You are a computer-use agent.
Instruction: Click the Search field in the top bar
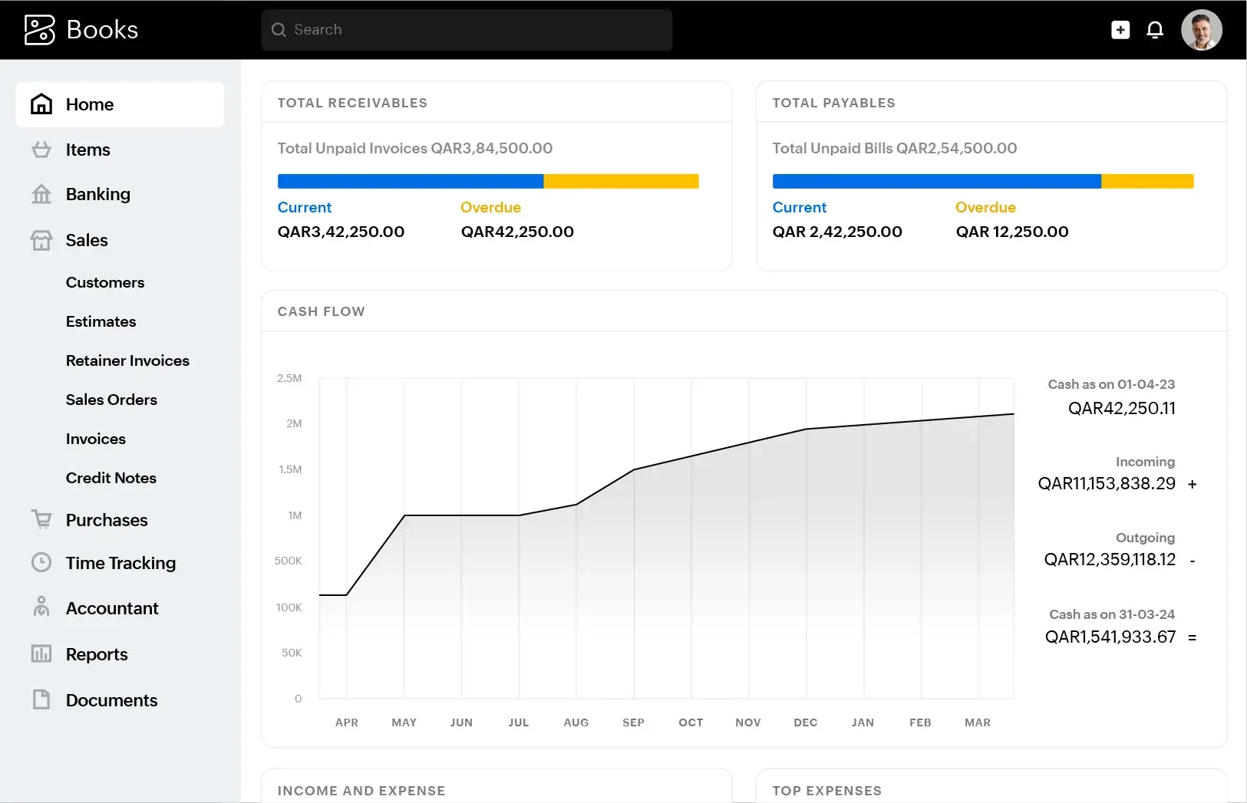(466, 30)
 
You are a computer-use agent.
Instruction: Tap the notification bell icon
(1154, 30)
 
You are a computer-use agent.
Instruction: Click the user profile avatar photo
(1201, 30)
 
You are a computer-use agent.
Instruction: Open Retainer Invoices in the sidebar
(127, 360)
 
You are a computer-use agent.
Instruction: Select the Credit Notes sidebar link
(111, 478)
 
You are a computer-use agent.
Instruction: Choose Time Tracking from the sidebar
(120, 563)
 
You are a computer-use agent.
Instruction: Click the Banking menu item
(97, 194)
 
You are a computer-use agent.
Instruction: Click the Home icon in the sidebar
(41, 104)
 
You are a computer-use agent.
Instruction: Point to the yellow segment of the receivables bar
(621, 181)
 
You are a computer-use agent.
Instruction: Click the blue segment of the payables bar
(936, 181)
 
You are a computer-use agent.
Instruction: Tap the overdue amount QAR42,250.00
(517, 232)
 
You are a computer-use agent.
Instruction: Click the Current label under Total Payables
(799, 207)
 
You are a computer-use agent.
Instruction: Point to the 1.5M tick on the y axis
(290, 469)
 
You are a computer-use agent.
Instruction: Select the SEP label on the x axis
(633, 722)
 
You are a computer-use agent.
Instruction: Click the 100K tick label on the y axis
(289, 607)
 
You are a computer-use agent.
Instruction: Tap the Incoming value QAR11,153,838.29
(1106, 484)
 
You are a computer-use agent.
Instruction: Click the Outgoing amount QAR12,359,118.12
(1109, 560)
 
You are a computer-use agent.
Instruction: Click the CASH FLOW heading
(321, 311)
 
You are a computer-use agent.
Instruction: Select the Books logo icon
(40, 30)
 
